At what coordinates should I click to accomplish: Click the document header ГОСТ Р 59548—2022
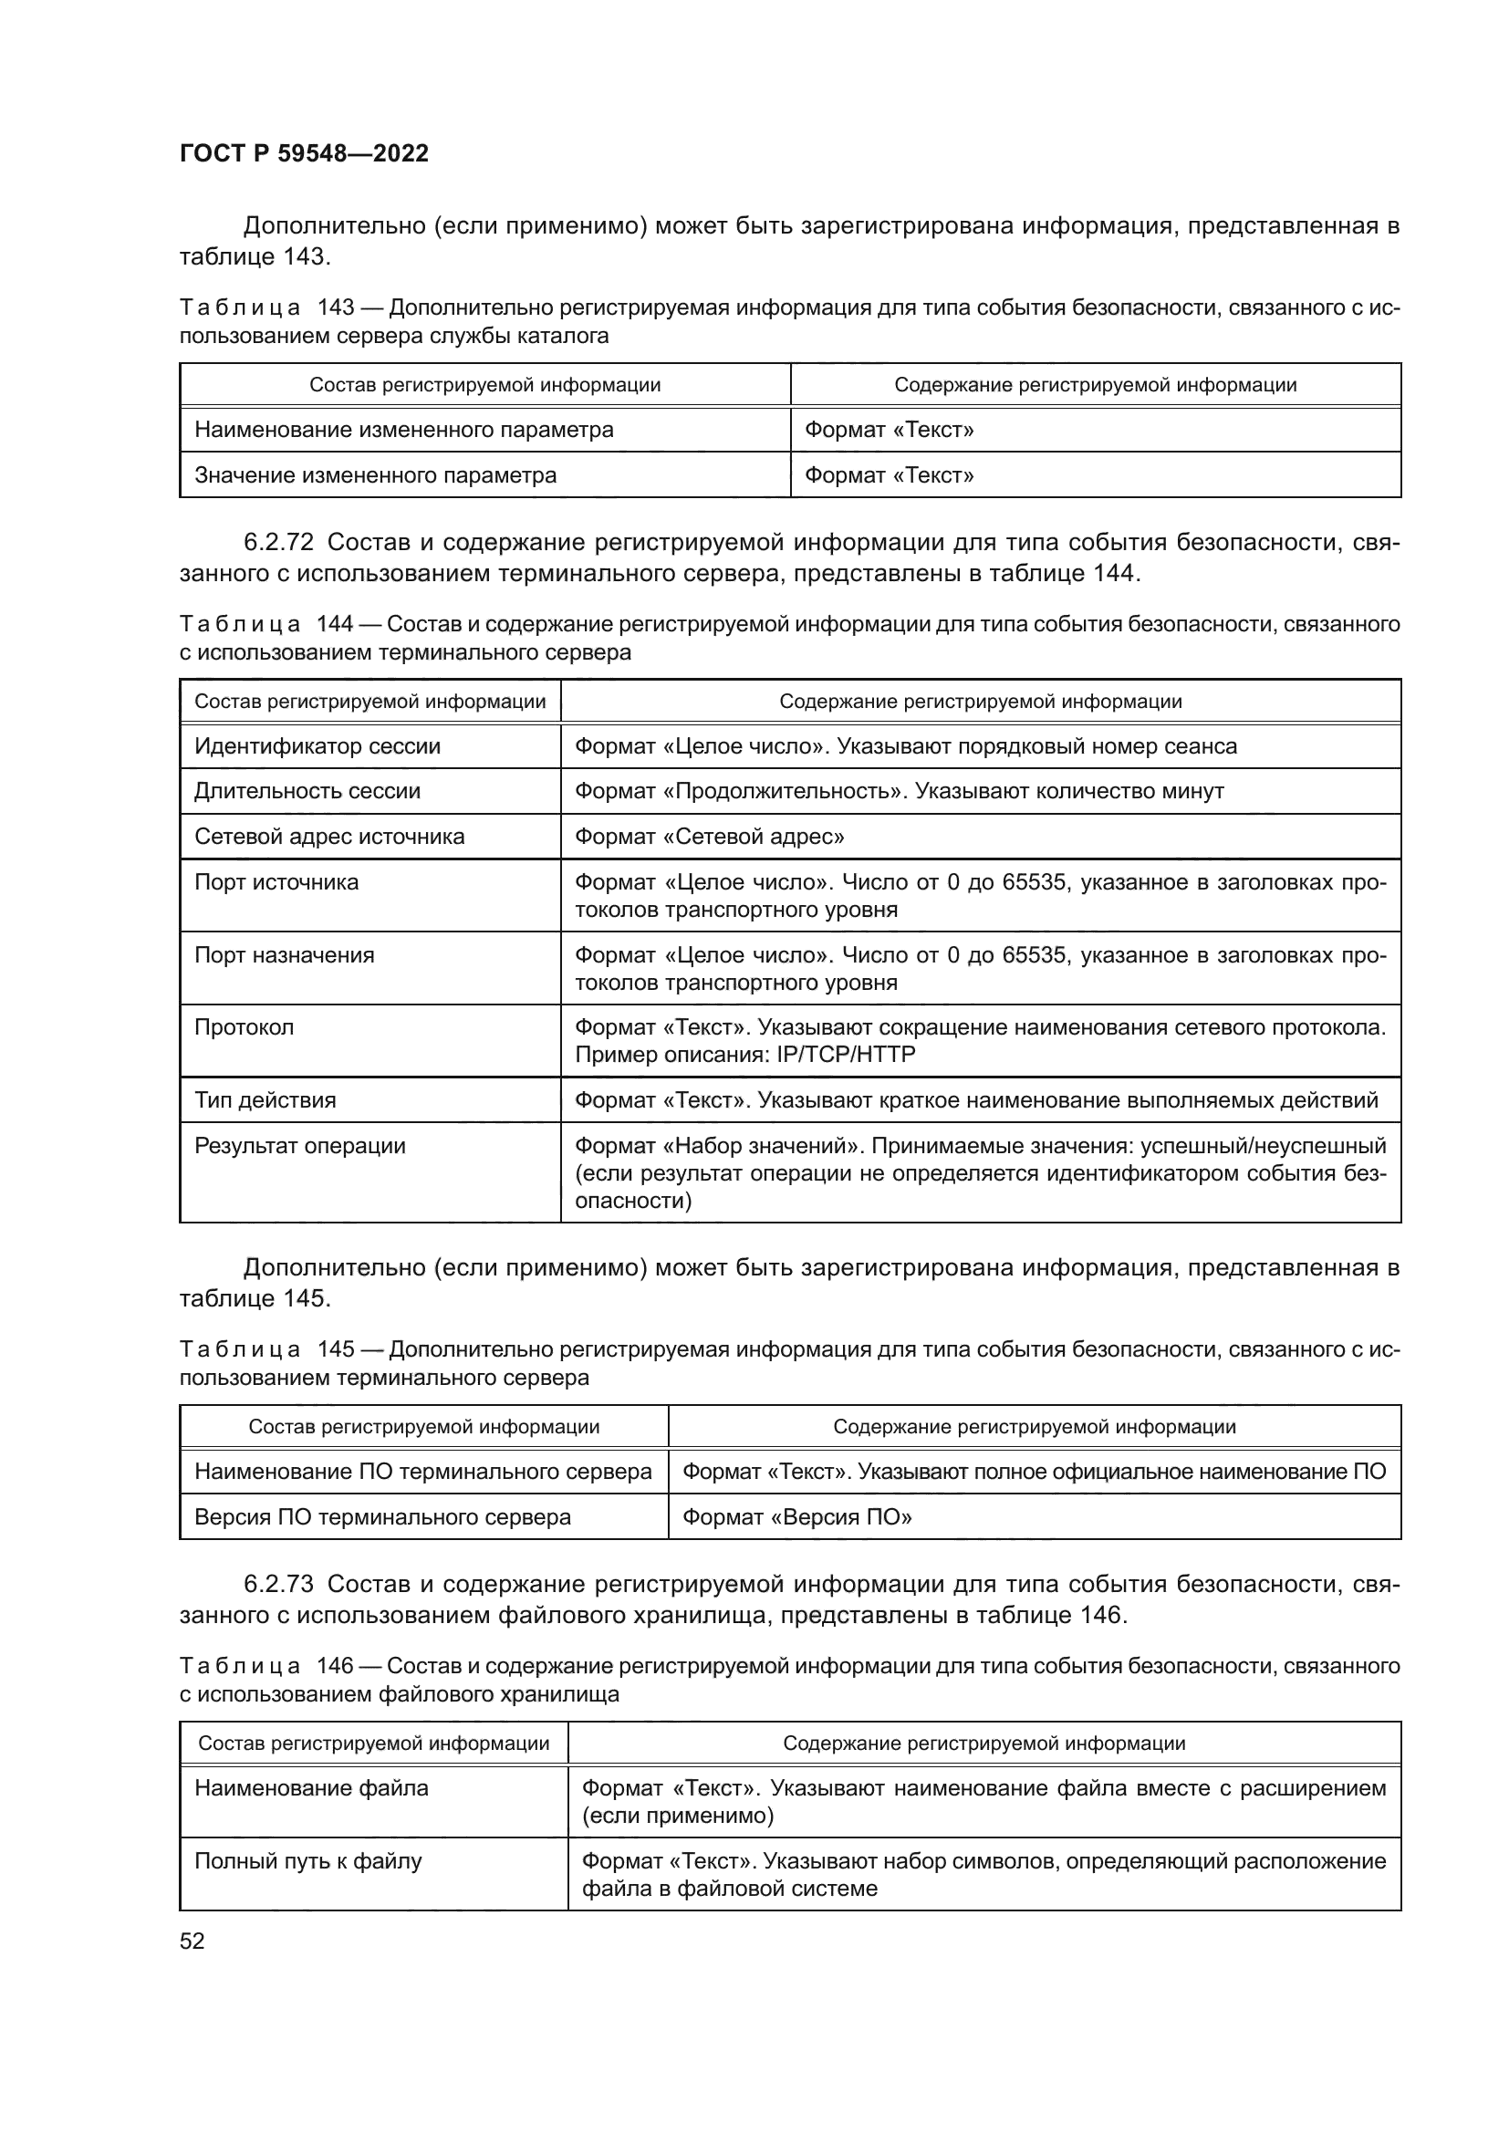click(x=304, y=153)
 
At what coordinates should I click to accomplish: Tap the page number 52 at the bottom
click(x=192, y=1941)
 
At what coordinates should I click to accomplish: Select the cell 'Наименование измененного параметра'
click(x=403, y=430)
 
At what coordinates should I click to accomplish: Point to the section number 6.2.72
click(x=279, y=542)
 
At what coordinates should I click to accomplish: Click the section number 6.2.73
click(x=279, y=1584)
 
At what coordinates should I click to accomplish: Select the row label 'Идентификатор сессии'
click(x=317, y=746)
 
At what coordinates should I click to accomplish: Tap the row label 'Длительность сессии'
click(x=307, y=791)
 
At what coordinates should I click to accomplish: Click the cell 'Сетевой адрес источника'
click(x=329, y=837)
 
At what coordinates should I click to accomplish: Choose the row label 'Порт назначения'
click(x=284, y=955)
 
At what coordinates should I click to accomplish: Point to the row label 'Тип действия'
click(x=265, y=1100)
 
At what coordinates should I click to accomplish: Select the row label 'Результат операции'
click(x=299, y=1146)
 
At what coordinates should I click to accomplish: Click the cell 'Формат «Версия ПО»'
click(x=796, y=1517)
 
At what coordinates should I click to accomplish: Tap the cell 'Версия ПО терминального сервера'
click(x=382, y=1517)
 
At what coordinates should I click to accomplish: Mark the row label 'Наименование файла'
click(x=310, y=1788)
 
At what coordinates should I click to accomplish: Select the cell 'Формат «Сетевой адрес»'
click(x=709, y=837)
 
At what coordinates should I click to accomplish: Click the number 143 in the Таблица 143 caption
click(x=337, y=307)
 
